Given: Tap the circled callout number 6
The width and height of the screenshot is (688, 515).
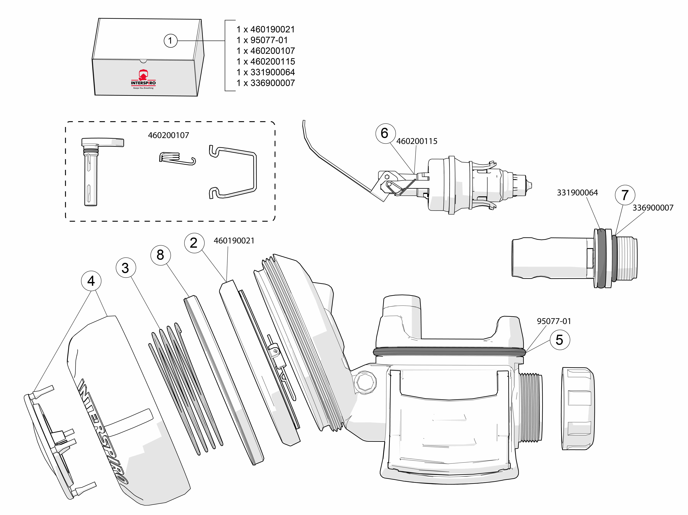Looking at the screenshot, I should point(385,133).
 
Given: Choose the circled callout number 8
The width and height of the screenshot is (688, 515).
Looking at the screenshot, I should point(160,255).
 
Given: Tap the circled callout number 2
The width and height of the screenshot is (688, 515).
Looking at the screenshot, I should point(194,243).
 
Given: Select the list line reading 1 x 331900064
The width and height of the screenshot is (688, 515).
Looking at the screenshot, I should point(265,72).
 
